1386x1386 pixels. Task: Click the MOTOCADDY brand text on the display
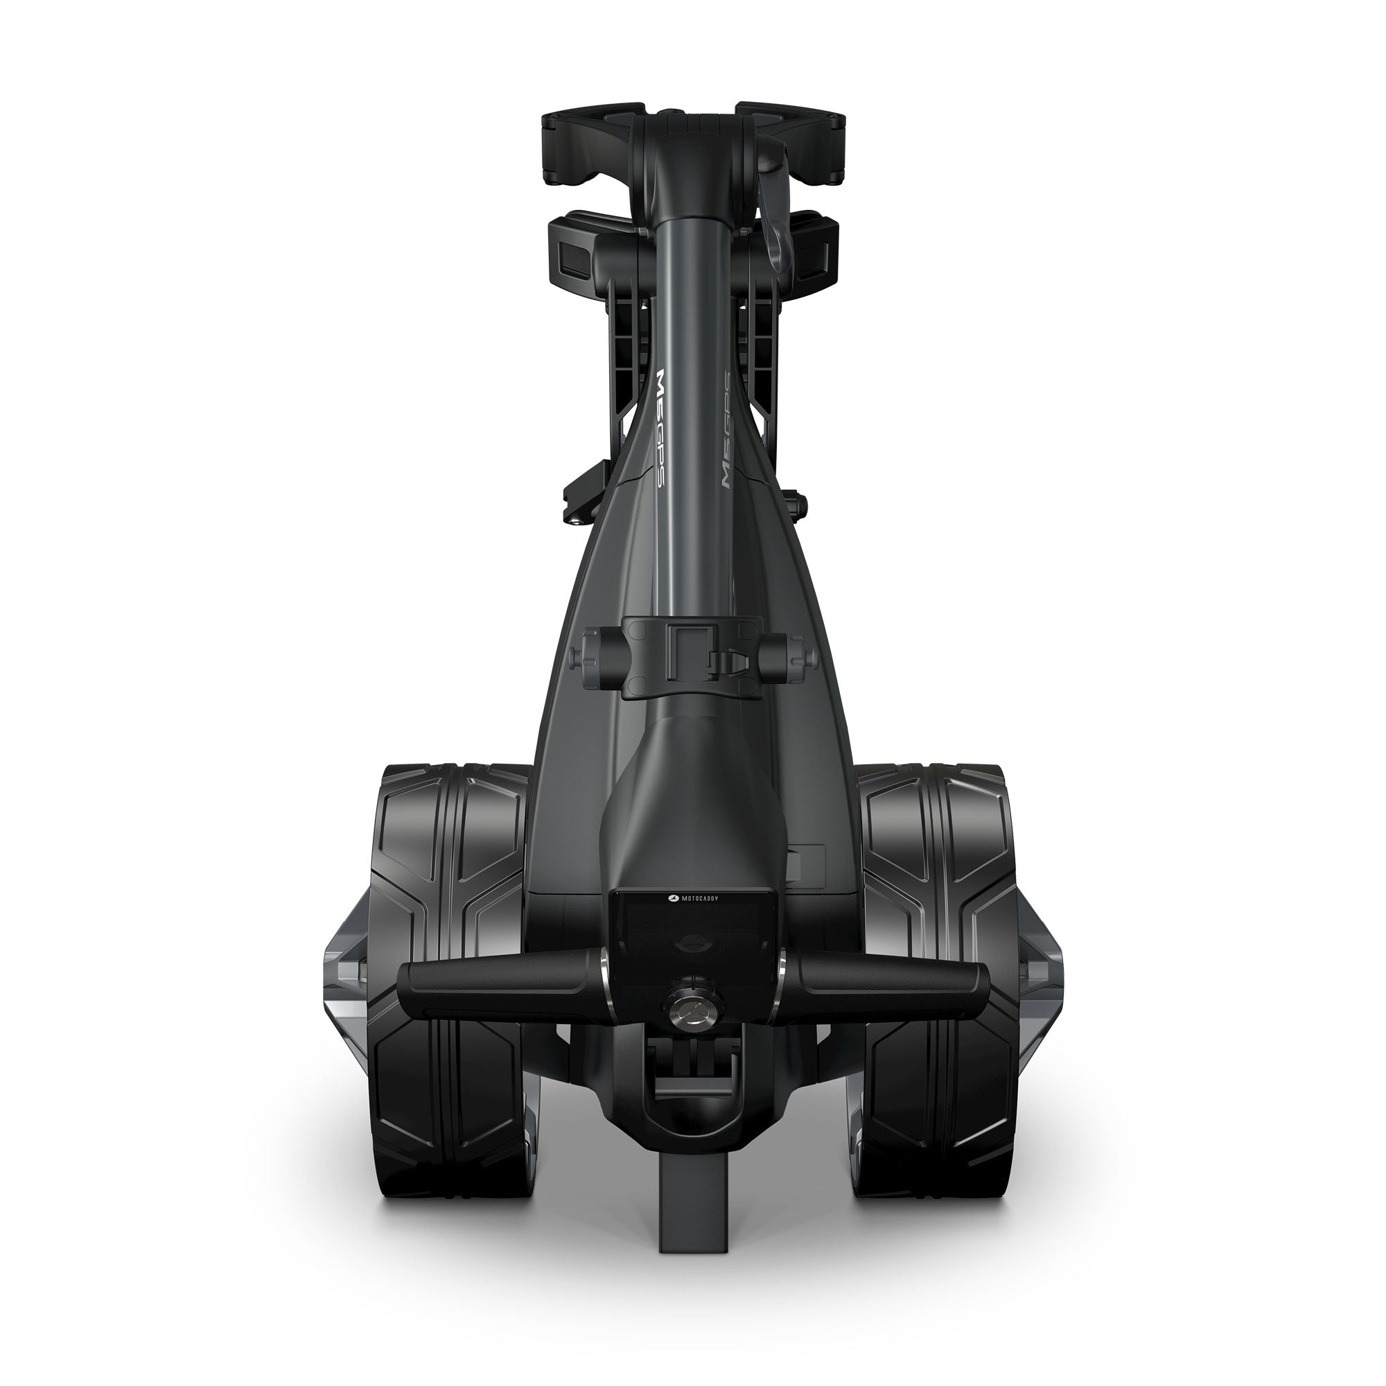coord(692,897)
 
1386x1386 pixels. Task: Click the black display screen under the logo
coord(692,933)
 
